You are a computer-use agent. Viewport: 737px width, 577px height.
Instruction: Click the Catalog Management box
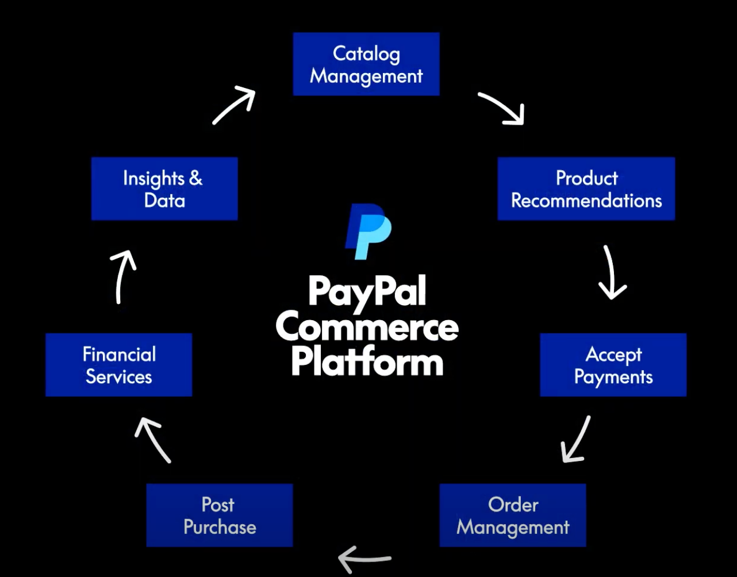coord(366,64)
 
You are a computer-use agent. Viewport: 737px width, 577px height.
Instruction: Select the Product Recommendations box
coord(586,189)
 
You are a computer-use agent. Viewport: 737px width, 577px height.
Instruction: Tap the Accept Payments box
coord(613,365)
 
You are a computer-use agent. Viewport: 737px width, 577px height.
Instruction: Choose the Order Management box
coord(512,515)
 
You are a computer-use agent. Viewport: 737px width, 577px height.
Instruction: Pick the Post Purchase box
coord(219,515)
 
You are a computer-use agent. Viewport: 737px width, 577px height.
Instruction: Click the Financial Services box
coord(118,365)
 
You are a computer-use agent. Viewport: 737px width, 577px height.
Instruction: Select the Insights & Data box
coord(164,189)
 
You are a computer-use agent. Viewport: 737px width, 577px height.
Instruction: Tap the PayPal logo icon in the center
coord(368,230)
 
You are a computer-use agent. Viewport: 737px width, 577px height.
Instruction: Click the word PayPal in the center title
coord(367,291)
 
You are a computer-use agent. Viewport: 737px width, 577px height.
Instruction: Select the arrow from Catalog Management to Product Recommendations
coord(502,108)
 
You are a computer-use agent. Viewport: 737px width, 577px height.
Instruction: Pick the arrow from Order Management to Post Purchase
coord(365,558)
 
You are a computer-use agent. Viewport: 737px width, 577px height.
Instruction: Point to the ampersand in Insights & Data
coord(195,178)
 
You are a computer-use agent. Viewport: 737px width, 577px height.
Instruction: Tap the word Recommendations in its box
coord(586,201)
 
